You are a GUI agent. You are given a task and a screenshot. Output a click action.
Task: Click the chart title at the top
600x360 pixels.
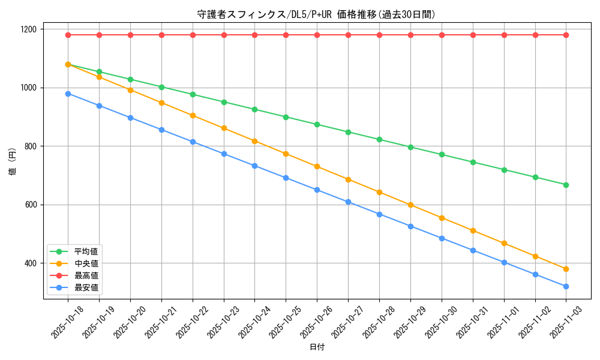pyautogui.click(x=316, y=14)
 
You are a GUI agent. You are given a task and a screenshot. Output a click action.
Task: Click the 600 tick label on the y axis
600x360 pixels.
pyautogui.click(x=30, y=205)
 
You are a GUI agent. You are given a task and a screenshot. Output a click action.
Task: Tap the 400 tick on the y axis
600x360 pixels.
pyautogui.click(x=30, y=263)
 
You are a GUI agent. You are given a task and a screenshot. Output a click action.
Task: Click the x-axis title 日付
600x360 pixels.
pyautogui.click(x=316, y=347)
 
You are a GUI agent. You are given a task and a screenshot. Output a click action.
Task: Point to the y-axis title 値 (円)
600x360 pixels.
pyautogui.click(x=13, y=162)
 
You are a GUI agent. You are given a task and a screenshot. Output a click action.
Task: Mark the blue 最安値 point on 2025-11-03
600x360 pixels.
pyautogui.click(x=566, y=286)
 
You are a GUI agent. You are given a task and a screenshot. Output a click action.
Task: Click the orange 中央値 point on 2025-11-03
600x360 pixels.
pyautogui.click(x=566, y=269)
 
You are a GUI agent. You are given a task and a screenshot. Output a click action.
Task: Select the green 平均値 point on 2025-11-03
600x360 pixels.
pyautogui.click(x=566, y=185)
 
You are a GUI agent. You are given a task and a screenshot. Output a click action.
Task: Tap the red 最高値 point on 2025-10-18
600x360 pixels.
pyautogui.click(x=68, y=35)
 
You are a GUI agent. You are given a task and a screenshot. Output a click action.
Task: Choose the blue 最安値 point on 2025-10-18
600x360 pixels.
pyautogui.click(x=68, y=94)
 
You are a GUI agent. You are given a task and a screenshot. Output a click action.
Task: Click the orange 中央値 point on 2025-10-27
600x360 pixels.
pyautogui.click(x=348, y=179)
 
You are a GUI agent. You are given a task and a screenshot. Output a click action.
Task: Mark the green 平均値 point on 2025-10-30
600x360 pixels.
pyautogui.click(x=442, y=154)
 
